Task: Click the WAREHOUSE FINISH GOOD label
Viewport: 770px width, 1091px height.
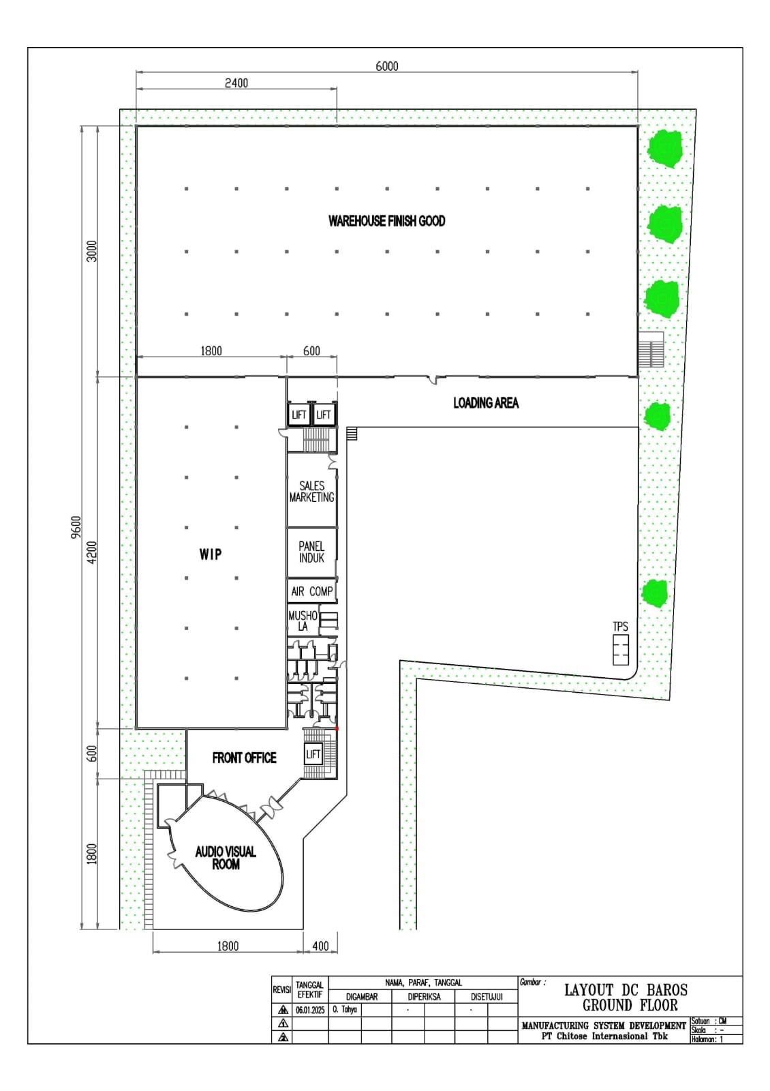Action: coord(386,221)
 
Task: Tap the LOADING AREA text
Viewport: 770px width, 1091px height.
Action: coord(486,403)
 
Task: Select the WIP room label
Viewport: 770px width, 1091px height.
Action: coord(211,554)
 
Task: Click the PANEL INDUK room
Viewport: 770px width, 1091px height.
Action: coord(311,552)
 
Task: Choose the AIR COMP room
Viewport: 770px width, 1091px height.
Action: coord(311,591)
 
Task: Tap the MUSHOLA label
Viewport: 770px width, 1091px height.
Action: coord(303,621)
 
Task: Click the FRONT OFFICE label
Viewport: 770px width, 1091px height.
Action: coord(244,758)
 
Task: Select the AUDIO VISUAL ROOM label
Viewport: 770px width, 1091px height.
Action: coord(226,858)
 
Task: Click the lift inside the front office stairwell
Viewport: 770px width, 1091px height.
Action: coord(313,754)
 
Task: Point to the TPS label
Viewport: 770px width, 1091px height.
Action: coord(620,627)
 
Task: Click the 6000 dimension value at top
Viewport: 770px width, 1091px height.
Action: coord(387,66)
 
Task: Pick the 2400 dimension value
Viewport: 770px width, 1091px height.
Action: coord(236,83)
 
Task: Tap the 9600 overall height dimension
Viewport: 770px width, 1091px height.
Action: coord(76,527)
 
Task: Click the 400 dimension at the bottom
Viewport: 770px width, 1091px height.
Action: coord(320,946)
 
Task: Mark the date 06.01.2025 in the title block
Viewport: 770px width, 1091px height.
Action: coord(310,1010)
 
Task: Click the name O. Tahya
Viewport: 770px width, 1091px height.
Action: coord(345,1010)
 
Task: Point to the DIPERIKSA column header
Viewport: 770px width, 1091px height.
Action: coord(424,997)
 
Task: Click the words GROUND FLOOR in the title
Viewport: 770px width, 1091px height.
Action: coord(630,1005)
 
